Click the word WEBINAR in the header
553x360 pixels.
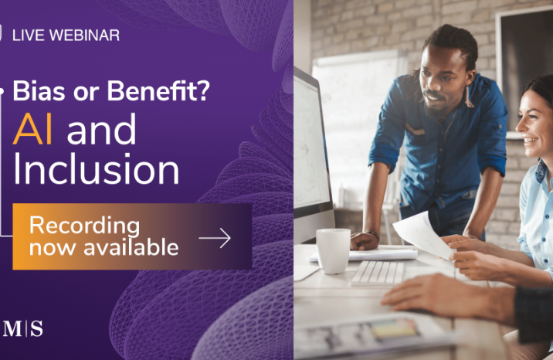click(x=85, y=36)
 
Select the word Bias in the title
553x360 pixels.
click(x=39, y=90)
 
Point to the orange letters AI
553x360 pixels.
click(x=32, y=130)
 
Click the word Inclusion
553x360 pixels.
click(x=97, y=169)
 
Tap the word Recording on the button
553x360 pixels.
click(x=85, y=226)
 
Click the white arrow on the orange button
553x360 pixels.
click(x=215, y=238)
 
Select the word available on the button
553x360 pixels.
click(x=131, y=247)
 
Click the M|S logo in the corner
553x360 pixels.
click(x=22, y=328)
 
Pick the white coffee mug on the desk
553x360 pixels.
click(x=333, y=251)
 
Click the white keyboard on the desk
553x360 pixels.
click(x=378, y=273)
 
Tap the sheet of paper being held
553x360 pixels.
click(x=423, y=236)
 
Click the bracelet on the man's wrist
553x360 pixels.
click(x=373, y=235)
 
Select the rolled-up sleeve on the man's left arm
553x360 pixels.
click(x=385, y=155)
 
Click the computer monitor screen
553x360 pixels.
click(x=310, y=144)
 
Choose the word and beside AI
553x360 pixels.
click(x=101, y=129)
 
